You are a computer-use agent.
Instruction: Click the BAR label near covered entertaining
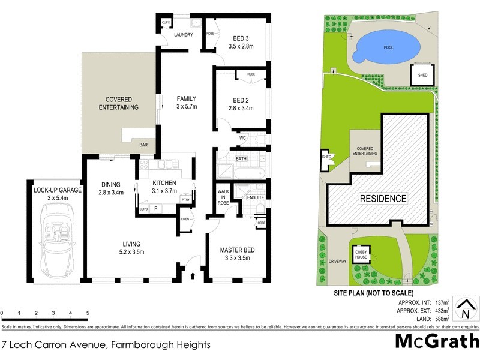143,145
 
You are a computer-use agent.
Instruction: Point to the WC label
243,138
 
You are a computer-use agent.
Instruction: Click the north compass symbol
464,310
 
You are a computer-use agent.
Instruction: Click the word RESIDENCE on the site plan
383,199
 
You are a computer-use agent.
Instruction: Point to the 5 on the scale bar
88,313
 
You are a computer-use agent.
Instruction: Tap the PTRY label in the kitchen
185,200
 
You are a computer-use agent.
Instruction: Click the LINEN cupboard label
185,220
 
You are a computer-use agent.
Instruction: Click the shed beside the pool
419,75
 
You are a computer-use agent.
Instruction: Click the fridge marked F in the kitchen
156,208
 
